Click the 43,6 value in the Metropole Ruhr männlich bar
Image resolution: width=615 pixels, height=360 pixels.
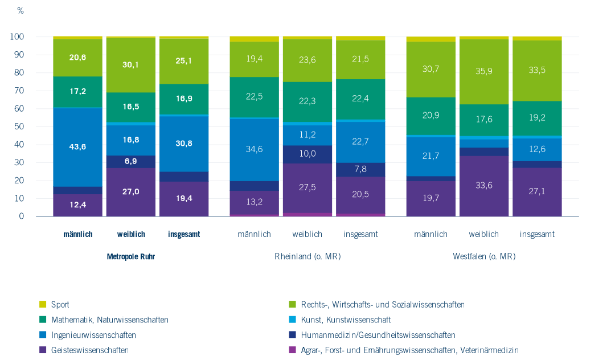click(x=78, y=146)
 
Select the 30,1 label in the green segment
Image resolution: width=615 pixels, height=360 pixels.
click(x=131, y=65)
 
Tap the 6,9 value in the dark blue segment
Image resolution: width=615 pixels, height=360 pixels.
click(x=131, y=162)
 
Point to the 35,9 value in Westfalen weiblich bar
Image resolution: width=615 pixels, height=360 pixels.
click(x=484, y=72)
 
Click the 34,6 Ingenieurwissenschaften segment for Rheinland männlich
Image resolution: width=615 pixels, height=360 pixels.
click(x=255, y=149)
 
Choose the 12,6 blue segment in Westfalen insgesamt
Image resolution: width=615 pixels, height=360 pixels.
click(x=537, y=149)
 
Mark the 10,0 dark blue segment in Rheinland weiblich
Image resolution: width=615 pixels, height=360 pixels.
click(x=307, y=154)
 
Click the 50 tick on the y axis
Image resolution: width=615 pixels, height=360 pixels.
click(x=20, y=127)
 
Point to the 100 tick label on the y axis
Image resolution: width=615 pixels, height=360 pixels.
click(x=17, y=37)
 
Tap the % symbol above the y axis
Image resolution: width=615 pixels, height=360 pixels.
click(x=20, y=11)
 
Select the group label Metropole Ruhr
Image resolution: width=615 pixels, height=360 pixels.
click(x=131, y=256)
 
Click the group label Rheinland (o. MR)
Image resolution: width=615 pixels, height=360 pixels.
click(x=307, y=256)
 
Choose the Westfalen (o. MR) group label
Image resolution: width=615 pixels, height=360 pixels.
click(x=484, y=256)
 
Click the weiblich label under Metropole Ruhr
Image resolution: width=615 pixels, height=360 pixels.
click(x=131, y=234)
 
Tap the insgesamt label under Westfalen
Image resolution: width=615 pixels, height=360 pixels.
click(x=537, y=234)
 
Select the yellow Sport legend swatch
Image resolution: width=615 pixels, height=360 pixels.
click(x=43, y=305)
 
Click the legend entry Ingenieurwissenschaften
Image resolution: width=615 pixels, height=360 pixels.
click(x=93, y=335)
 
